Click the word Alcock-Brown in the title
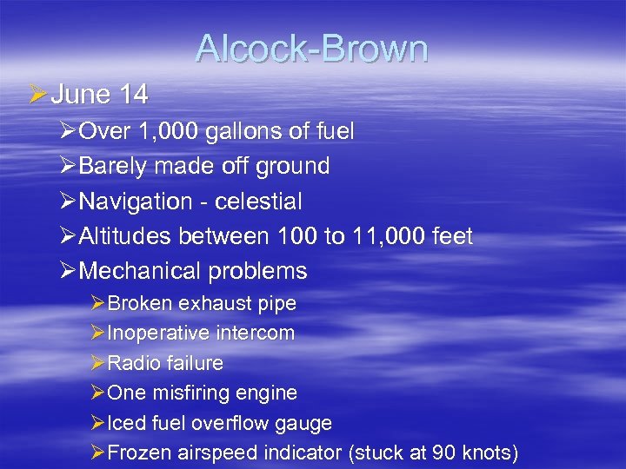312,49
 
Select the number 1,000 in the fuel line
168,131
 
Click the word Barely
115,166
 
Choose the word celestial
257,201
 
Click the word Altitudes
125,235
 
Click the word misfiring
190,393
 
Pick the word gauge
304,424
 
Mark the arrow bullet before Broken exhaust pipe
97,304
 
